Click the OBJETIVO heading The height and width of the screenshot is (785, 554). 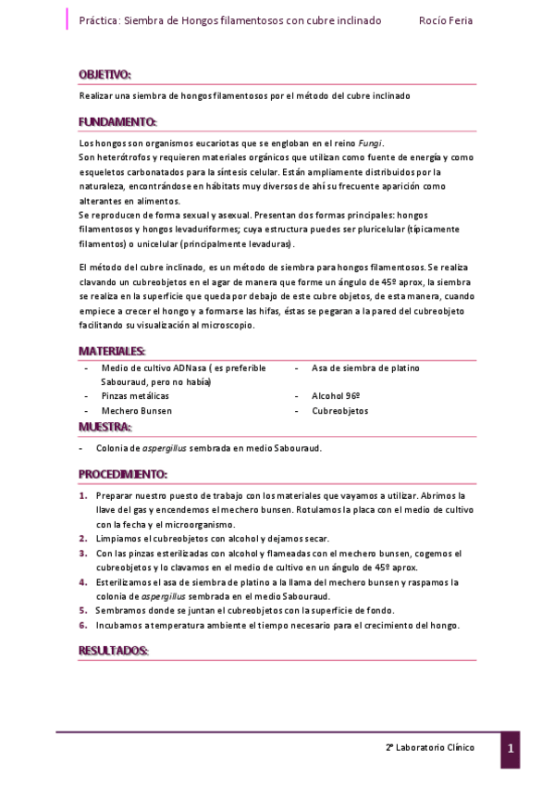105,74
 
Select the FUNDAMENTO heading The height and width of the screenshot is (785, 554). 117,122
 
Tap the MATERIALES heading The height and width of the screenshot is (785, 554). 112,352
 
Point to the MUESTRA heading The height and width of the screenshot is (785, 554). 105,427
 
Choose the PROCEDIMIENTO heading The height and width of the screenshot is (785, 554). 123,474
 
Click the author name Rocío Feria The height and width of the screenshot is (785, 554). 445,19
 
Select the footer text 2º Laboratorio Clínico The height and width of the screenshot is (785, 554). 430,747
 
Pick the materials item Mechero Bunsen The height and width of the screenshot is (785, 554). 137,410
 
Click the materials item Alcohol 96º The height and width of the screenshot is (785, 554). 336,395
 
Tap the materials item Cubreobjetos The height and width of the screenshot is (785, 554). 341,410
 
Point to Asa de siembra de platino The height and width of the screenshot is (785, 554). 365,368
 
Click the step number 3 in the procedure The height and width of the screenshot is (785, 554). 82,553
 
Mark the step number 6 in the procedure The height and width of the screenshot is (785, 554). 82,625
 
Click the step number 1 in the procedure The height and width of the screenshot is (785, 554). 82,495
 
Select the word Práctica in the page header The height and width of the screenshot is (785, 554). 99,19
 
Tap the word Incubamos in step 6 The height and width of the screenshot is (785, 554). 120,625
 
